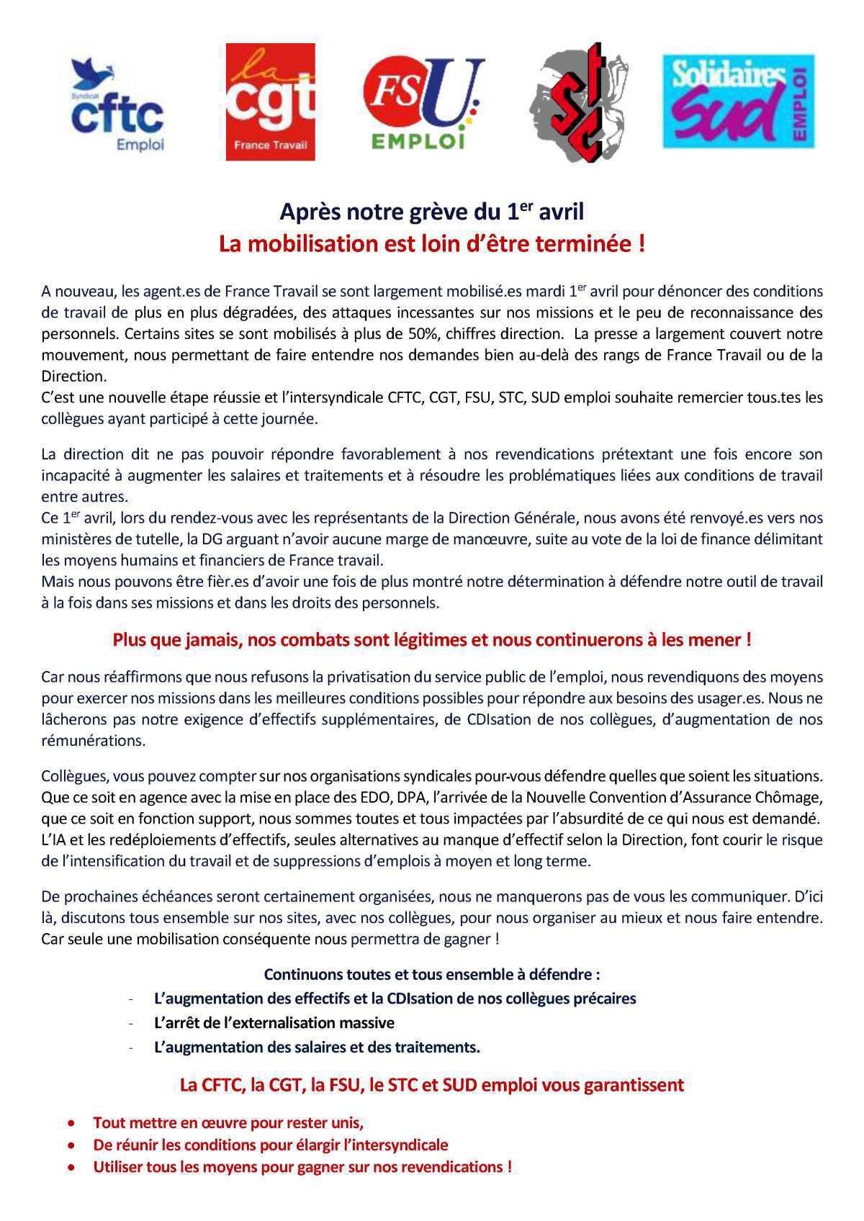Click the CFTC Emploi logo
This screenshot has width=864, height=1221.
117,105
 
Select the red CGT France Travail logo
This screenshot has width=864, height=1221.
270,102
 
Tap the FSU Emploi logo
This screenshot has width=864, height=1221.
423,103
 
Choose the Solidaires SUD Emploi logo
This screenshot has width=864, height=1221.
738,101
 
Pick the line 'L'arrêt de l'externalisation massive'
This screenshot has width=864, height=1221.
274,1022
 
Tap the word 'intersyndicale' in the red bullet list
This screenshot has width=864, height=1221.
401,1145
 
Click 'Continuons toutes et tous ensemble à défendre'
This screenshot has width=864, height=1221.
432,974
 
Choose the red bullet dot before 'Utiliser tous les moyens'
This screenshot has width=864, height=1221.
71,1168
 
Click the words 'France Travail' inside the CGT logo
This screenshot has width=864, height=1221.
270,145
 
